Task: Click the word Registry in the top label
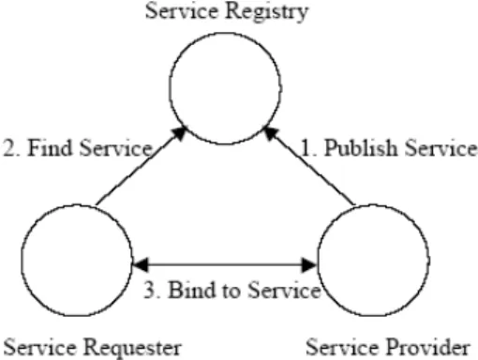pos(267,12)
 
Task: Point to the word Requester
pos(132,348)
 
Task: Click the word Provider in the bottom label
pos(428,347)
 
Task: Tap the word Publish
pos(361,148)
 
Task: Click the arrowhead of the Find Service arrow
pos(180,133)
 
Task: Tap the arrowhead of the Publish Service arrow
pos(271,133)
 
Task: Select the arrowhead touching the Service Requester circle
pos(141,264)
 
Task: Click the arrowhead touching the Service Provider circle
pos(309,264)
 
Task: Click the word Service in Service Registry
pos(182,10)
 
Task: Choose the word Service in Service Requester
pos(39,347)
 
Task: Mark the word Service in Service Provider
pos(342,347)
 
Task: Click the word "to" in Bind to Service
pos(232,291)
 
